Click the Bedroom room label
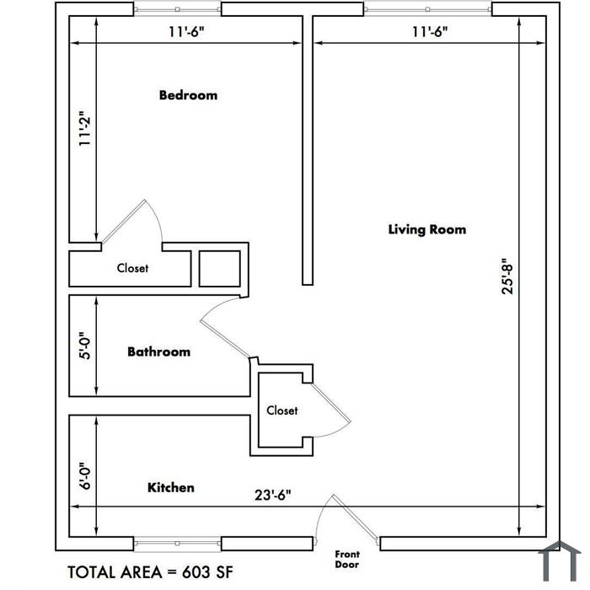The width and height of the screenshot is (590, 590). (188, 94)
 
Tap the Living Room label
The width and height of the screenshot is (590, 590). (427, 229)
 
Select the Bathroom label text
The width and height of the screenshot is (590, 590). (158, 351)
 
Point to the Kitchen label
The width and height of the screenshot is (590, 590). (171, 487)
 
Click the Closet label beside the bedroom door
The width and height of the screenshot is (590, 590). (132, 268)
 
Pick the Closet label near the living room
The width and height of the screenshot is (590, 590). (282, 410)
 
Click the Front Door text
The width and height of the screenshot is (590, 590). (347, 559)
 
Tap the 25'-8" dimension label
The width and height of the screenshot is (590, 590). (507, 276)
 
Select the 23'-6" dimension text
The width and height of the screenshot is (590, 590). (273, 495)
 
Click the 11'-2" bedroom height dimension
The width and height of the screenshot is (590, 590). (85, 128)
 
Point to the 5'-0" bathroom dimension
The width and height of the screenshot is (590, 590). (85, 346)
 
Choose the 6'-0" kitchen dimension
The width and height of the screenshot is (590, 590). (85, 476)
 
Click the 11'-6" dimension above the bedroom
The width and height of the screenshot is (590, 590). (186, 32)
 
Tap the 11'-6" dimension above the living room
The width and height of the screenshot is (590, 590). (430, 32)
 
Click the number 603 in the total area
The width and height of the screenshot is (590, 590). (196, 572)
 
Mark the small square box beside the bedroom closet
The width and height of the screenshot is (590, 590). (220, 269)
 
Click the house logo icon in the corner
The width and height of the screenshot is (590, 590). (560, 561)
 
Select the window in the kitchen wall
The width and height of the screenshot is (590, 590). (177, 544)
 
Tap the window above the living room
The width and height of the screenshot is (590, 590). (427, 9)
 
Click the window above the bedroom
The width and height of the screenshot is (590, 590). (177, 9)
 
